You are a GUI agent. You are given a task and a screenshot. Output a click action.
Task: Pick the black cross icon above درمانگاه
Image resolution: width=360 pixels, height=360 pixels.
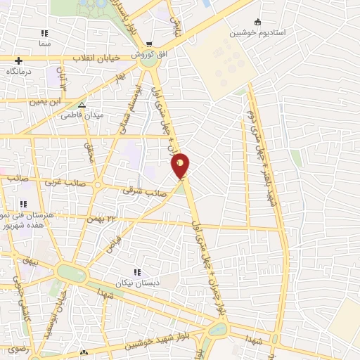tap(18, 61)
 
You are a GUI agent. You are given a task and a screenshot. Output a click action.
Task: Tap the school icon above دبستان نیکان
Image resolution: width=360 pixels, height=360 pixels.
tap(138, 271)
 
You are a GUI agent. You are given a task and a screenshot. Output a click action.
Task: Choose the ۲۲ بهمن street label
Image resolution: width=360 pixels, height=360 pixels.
tap(101, 219)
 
